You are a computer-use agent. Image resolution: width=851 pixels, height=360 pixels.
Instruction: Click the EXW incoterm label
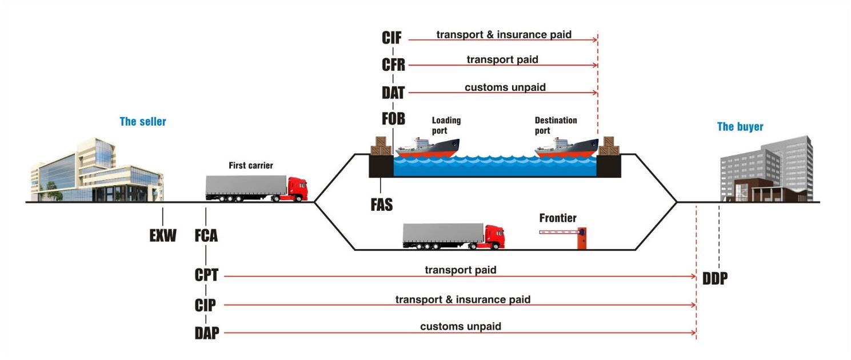click(x=163, y=235)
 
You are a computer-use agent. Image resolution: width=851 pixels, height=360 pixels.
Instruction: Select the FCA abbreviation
click(x=206, y=235)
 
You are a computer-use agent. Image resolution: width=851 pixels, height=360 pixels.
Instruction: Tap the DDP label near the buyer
click(x=715, y=278)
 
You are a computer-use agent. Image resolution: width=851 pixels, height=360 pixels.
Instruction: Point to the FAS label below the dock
click(x=382, y=205)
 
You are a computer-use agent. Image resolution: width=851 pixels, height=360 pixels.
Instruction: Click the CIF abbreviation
click(x=392, y=38)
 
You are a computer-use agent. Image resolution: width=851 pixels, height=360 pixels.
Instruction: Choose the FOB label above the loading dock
click(x=393, y=119)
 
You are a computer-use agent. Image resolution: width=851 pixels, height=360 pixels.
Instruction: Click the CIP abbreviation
click(x=205, y=305)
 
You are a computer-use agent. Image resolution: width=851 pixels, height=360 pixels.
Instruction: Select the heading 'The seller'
click(x=143, y=122)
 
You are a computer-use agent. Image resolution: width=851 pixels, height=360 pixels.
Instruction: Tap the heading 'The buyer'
click(x=740, y=127)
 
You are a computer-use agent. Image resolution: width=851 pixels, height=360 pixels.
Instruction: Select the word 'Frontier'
click(x=558, y=218)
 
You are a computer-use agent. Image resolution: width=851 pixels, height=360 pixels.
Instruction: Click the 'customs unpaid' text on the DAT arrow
click(x=505, y=87)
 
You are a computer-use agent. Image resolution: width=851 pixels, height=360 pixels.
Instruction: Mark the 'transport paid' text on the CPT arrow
click(x=460, y=270)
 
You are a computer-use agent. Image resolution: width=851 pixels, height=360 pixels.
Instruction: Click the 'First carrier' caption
click(x=250, y=166)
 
